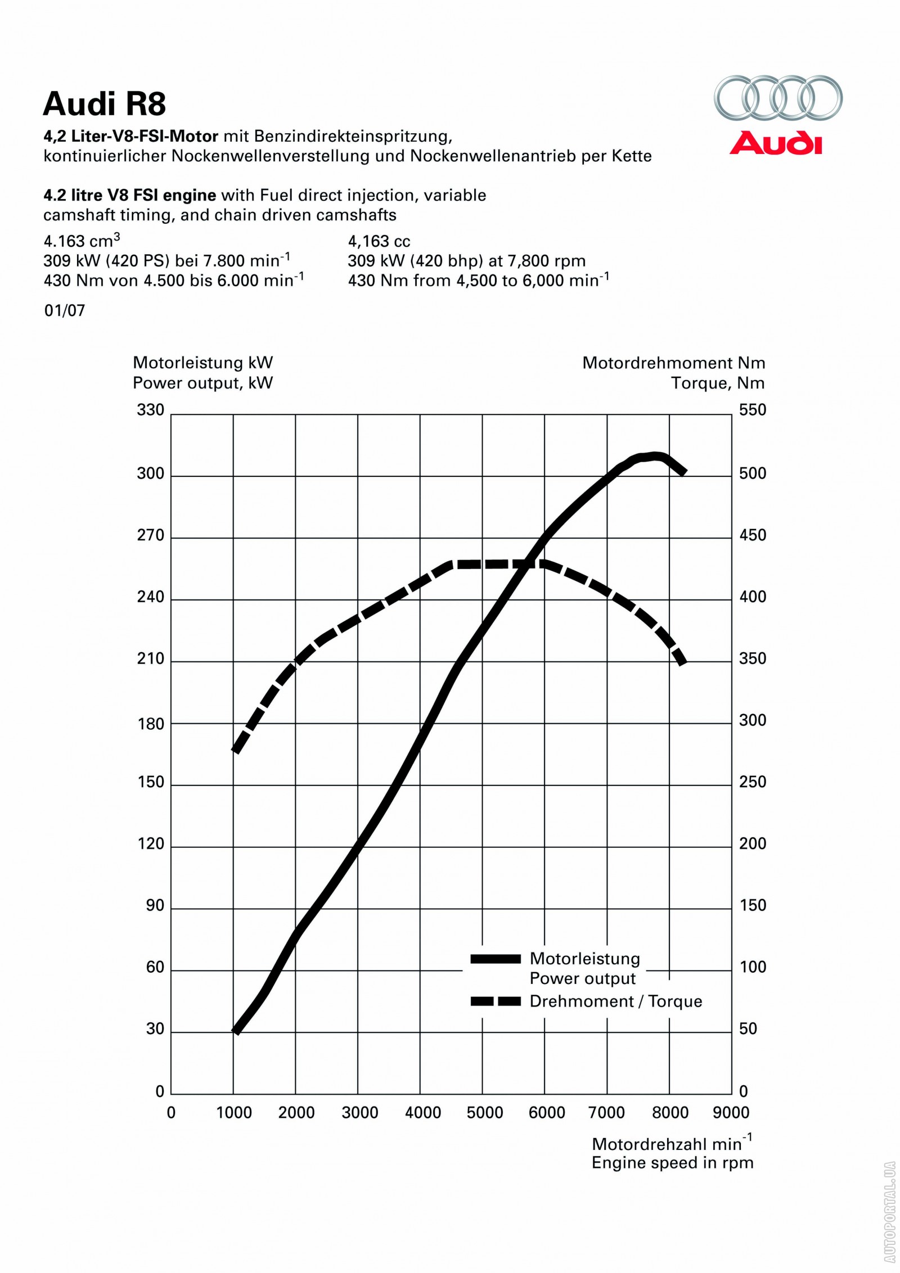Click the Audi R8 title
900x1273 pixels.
tap(105, 104)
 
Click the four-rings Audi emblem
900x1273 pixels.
tap(778, 97)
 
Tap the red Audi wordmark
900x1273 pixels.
tap(776, 143)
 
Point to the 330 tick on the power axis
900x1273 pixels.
tap(151, 410)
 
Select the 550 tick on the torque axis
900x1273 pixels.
tap(753, 410)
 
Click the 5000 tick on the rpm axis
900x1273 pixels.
tap(484, 1112)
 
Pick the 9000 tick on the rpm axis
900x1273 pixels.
tap(731, 1112)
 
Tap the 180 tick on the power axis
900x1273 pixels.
tap(151, 724)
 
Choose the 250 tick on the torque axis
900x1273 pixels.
tap(753, 782)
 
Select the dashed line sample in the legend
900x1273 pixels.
tap(496, 1001)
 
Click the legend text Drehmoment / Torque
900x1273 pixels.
tap(616, 1001)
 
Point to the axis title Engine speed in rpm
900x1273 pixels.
tap(672, 1163)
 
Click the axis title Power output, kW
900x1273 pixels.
tap(202, 383)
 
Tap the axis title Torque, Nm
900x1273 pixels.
tap(718, 383)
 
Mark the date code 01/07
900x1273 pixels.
tap(65, 310)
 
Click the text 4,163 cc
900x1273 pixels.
tap(379, 242)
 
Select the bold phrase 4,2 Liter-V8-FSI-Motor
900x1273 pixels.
tap(130, 137)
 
